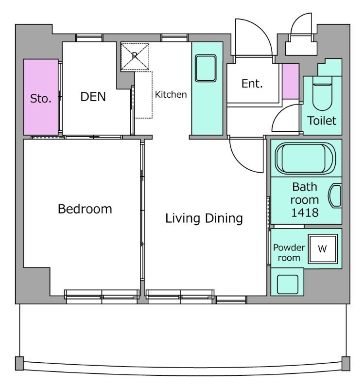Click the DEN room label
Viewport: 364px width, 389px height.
(93, 96)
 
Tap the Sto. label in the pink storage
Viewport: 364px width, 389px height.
(41, 99)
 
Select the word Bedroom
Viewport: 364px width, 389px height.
(85, 209)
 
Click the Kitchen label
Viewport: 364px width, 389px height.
(171, 94)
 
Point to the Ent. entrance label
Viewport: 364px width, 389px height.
(252, 84)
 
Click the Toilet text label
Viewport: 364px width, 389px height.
(322, 121)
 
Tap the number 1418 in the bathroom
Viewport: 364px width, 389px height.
(305, 213)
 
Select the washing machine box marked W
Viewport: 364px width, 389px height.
(323, 248)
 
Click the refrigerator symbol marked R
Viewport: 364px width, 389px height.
(135, 56)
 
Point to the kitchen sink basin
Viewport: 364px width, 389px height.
(206, 68)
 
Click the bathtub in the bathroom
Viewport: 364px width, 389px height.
(306, 159)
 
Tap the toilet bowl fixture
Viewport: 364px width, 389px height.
(322, 93)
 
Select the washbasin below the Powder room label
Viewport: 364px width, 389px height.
(288, 284)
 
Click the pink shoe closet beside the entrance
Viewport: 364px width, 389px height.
(290, 81)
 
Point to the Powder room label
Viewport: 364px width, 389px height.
(289, 252)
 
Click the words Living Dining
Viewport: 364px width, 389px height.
(204, 218)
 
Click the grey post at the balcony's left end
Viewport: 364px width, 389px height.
(19, 363)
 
